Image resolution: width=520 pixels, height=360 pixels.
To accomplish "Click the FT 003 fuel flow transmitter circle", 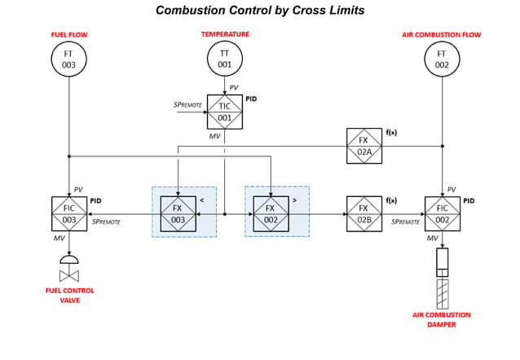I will coord(69,62).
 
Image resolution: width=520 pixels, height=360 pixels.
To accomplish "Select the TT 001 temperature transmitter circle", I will coord(225,62).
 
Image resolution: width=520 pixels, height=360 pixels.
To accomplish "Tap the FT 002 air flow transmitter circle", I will coord(442,62).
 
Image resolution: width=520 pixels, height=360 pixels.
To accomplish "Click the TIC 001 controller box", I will coord(224,112).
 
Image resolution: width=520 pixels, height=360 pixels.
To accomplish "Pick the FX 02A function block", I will coord(364,145).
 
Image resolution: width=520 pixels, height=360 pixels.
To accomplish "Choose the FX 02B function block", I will coord(364,214).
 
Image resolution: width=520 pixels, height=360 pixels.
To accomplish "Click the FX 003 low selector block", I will coord(178,214).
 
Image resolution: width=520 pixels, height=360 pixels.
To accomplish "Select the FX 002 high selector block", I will coord(271,214).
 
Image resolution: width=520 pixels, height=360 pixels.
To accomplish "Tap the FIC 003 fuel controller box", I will coord(69,214).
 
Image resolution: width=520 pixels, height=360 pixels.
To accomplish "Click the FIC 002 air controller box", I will coord(442,214).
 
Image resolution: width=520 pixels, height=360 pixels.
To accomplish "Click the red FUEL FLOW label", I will coord(69,35).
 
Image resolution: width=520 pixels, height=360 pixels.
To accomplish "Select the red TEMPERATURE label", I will coord(225,34).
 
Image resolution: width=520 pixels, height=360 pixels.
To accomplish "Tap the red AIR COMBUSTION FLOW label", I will coord(442,35).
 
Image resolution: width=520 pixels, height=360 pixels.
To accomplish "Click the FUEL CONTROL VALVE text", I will coord(69,295).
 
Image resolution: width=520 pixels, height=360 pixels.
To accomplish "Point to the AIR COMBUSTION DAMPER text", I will coord(443,319).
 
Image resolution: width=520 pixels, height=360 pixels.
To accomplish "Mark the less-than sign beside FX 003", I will coord(201,200).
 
